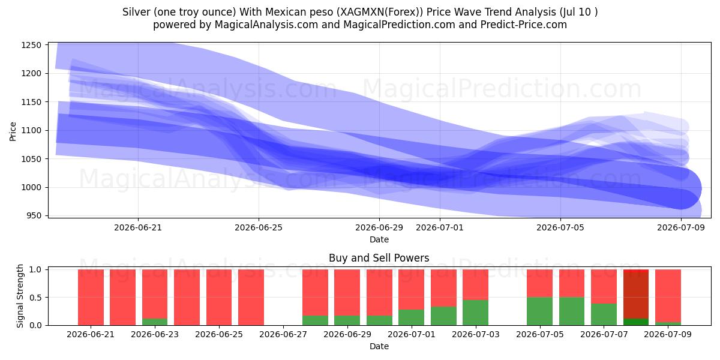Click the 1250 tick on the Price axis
pyautogui.click(x=31, y=45)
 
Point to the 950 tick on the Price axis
pyautogui.click(x=34, y=215)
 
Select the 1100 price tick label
pyautogui.click(x=31, y=131)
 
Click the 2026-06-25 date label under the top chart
pyautogui.click(x=259, y=227)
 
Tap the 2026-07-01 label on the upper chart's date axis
pyautogui.click(x=440, y=227)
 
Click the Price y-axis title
pyautogui.click(x=13, y=131)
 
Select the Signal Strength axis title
pyautogui.click(x=20, y=296)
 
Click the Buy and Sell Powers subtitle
pyautogui.click(x=379, y=258)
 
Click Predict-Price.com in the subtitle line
pyautogui.click(x=524, y=25)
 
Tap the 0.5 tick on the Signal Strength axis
pyautogui.click(x=35, y=298)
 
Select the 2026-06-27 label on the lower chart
pyautogui.click(x=283, y=334)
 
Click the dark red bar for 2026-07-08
pyautogui.click(x=636, y=295)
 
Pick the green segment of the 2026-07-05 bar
pyautogui.click(x=539, y=311)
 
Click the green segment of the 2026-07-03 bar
pyautogui.click(x=475, y=313)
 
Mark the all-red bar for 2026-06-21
pyautogui.click(x=91, y=298)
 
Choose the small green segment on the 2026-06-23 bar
pyautogui.click(x=155, y=322)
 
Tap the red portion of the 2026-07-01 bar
pyautogui.click(x=411, y=289)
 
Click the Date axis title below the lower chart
pyautogui.click(x=379, y=346)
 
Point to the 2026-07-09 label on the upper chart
pyautogui.click(x=681, y=227)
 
